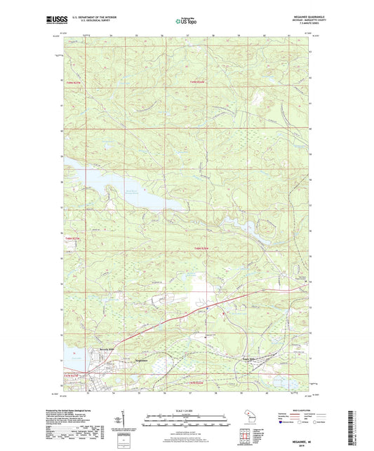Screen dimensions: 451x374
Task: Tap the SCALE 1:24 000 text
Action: [x=187, y=410]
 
